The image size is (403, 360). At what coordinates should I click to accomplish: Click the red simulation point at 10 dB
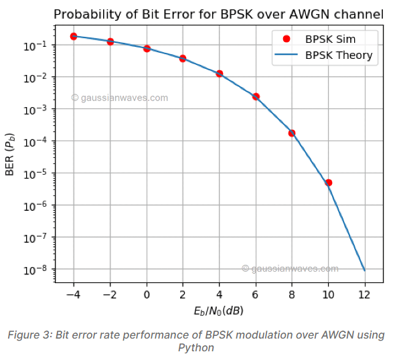coord(328,183)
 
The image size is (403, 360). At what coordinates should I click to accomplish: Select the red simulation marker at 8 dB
coord(292,133)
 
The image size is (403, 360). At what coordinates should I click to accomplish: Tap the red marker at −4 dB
coord(74,36)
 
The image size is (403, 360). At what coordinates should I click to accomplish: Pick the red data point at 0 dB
coord(147,49)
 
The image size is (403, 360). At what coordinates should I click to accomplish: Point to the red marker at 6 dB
coord(256,96)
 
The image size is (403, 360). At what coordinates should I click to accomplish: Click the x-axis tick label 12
coord(364,295)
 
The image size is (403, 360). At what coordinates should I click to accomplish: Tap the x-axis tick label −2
coord(110,295)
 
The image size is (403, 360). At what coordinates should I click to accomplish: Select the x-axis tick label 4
coord(220,295)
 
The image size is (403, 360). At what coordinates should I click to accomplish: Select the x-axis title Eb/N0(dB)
coord(219,311)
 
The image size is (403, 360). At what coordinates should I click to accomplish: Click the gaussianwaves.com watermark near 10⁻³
coord(120,98)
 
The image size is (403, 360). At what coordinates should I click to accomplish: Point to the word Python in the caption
coord(195,347)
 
